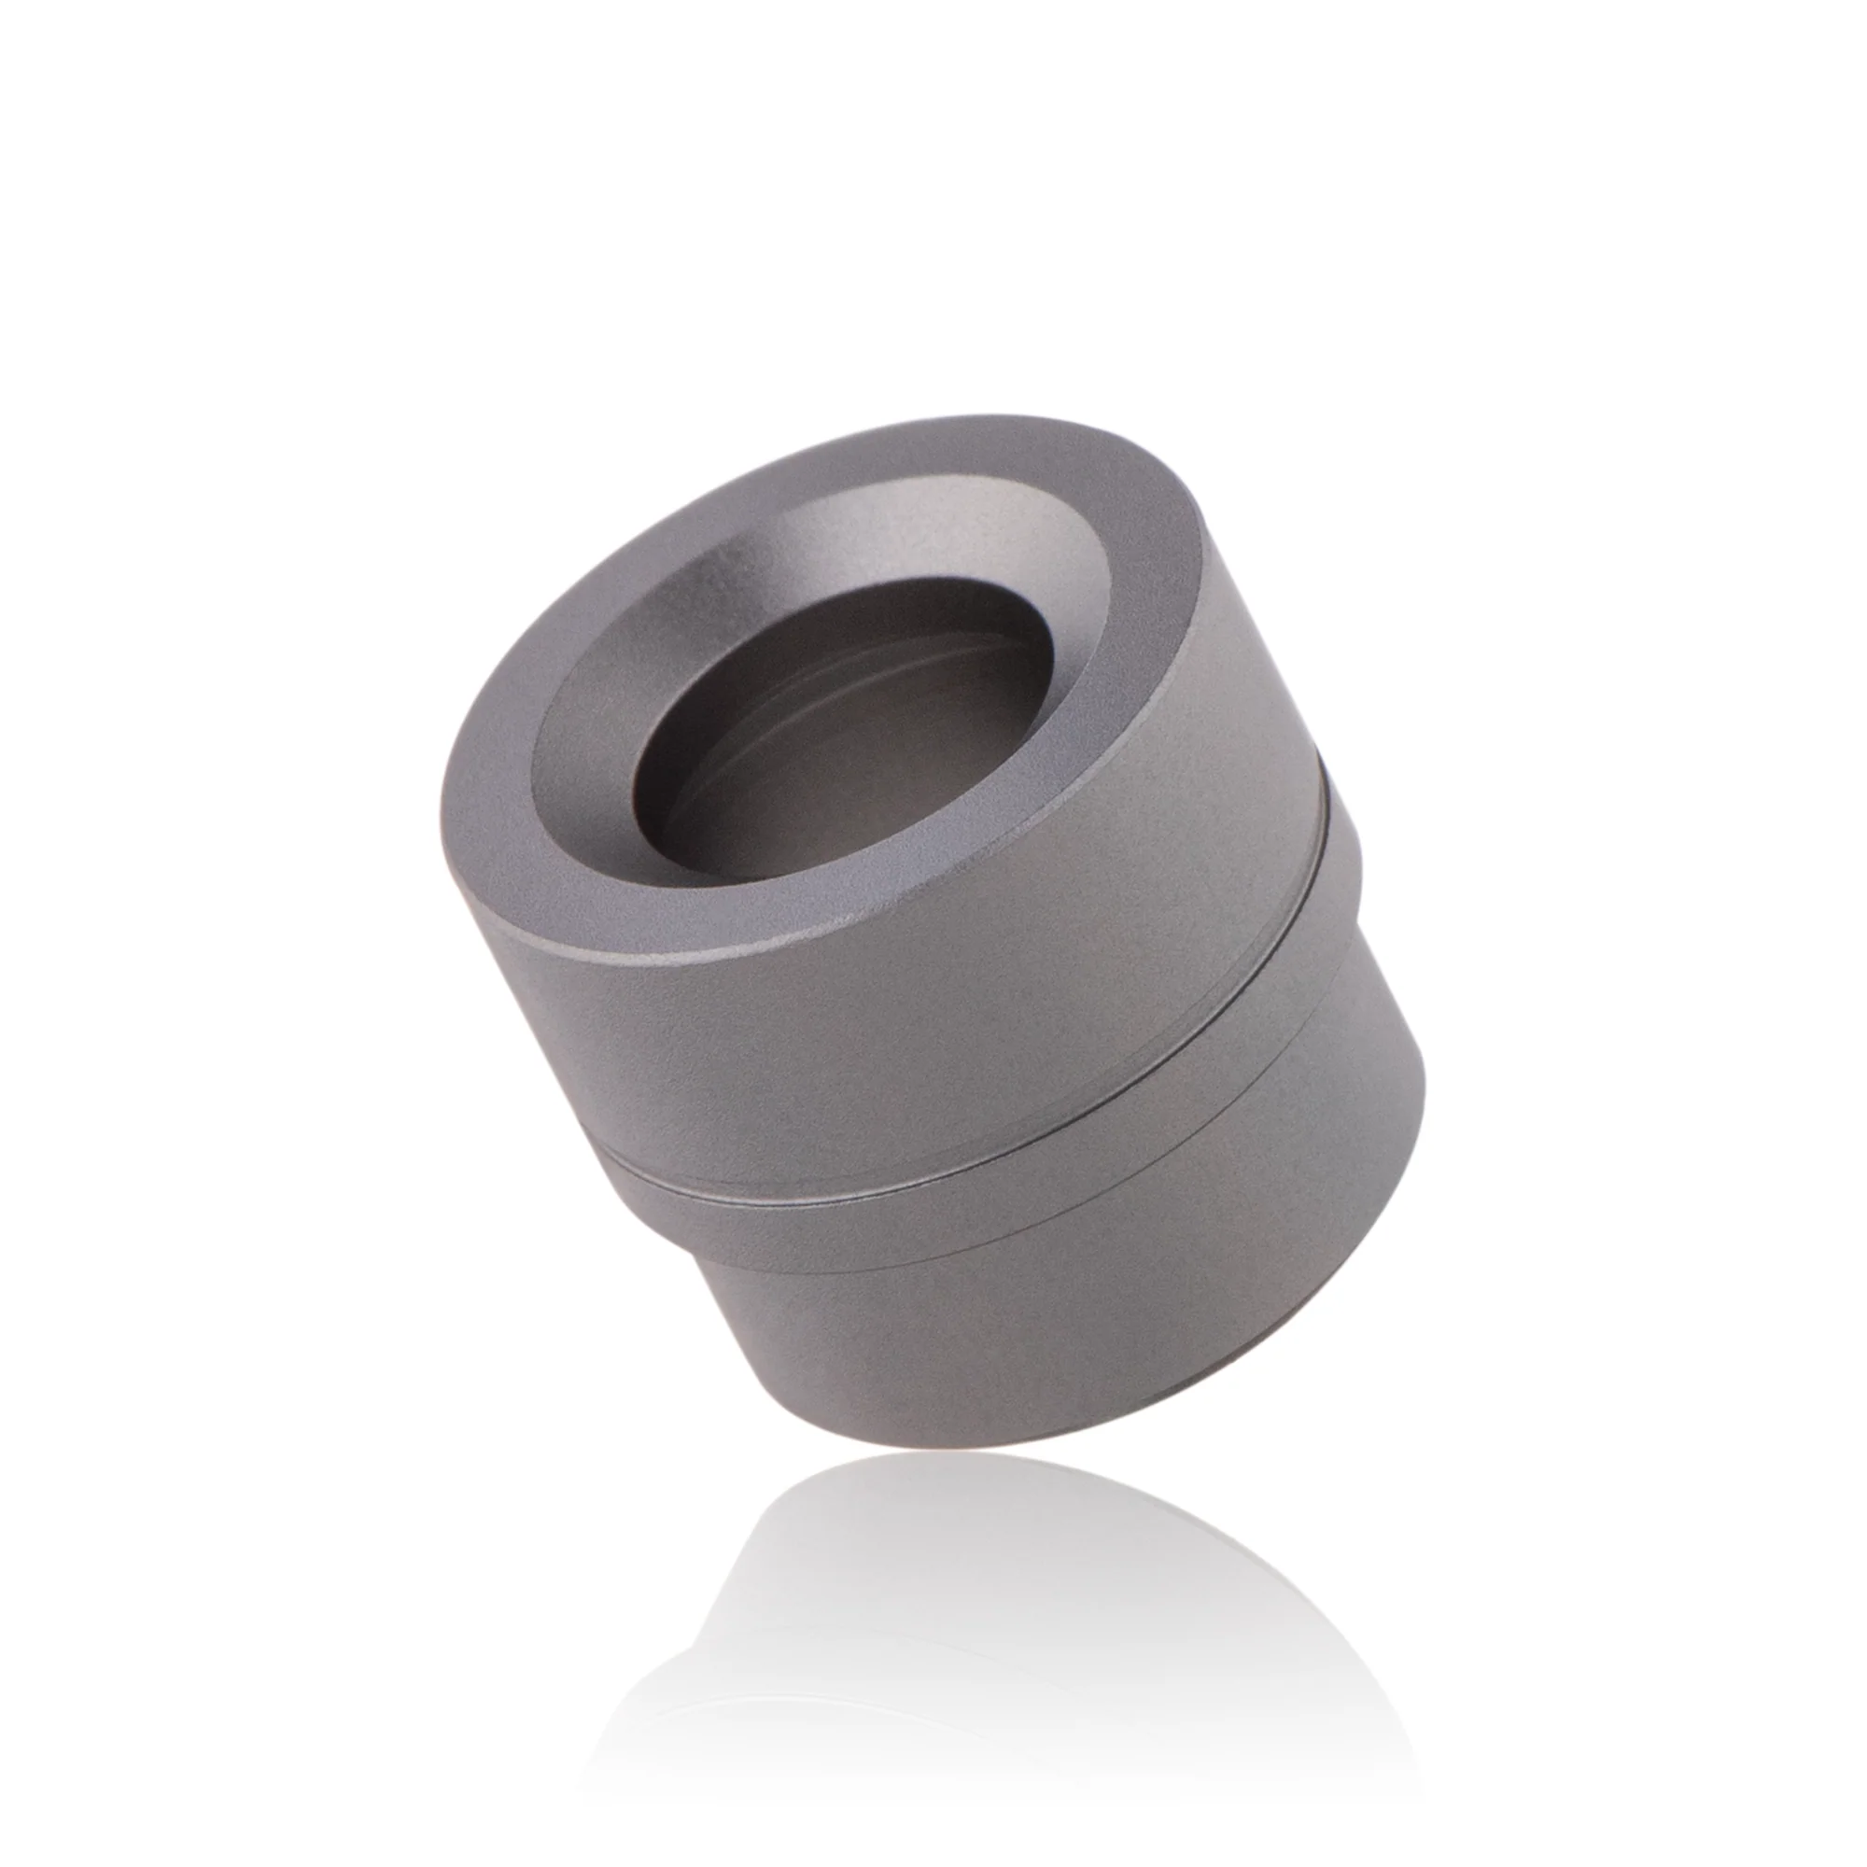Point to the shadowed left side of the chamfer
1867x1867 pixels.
tap(570, 735)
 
